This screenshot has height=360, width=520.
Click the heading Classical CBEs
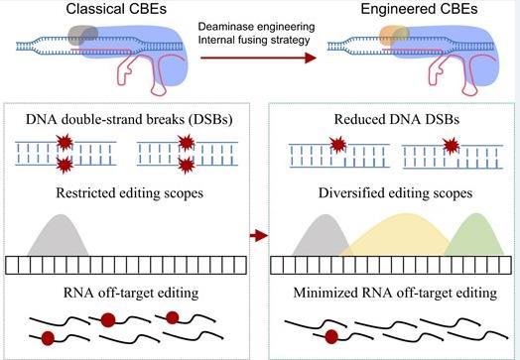[116, 9]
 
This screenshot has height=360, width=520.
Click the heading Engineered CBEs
[419, 9]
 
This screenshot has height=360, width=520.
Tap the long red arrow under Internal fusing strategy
[258, 58]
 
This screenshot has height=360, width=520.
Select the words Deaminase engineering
[256, 27]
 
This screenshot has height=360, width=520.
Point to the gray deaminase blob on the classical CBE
[83, 36]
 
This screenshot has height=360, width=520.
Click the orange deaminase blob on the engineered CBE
[394, 36]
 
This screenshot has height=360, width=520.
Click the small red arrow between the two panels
[258, 236]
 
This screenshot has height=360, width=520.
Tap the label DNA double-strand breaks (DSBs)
[129, 119]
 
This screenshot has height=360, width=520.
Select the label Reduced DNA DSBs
[397, 119]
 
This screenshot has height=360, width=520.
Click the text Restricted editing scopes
[129, 193]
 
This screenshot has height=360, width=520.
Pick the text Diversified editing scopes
[395, 193]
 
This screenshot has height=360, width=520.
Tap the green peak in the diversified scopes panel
[476, 235]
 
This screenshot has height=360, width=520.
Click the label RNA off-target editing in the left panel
[131, 293]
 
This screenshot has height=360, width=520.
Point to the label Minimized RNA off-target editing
[395, 293]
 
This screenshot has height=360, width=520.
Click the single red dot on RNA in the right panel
[331, 337]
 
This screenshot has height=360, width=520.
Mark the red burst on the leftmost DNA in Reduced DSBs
[338, 145]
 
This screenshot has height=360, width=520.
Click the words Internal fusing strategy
[254, 40]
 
